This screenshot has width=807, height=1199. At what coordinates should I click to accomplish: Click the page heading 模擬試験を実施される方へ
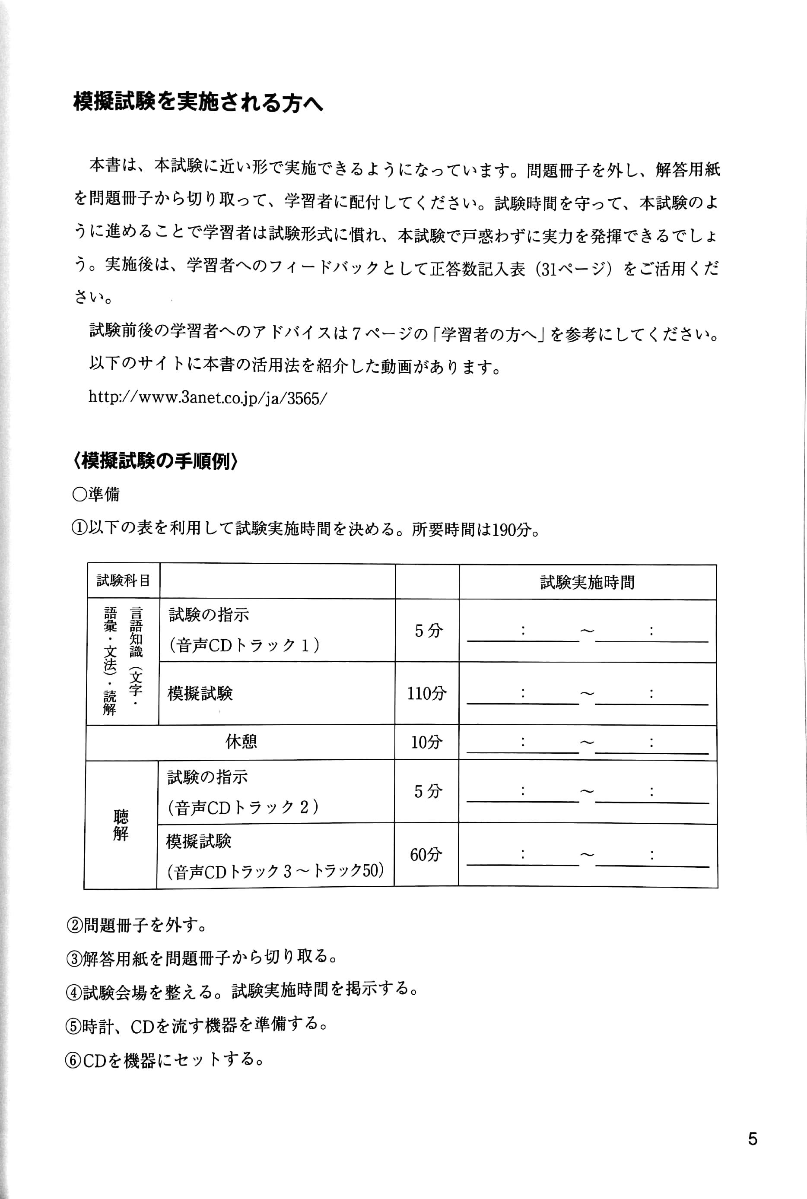click(198, 103)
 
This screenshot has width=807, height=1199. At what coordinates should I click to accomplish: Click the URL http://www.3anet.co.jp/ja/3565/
click(207, 398)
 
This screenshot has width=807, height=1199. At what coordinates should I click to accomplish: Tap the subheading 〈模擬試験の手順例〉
click(156, 461)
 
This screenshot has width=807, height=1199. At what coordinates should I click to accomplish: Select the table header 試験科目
click(124, 581)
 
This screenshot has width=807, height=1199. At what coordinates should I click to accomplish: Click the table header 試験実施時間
click(587, 582)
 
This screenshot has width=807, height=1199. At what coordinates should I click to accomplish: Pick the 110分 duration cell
click(427, 694)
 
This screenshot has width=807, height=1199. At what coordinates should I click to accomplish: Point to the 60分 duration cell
click(426, 855)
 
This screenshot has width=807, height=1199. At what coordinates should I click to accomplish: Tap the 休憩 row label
click(241, 742)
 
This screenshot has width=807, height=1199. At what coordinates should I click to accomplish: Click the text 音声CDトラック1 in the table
click(244, 645)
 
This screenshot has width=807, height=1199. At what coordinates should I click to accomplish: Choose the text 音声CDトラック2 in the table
click(243, 807)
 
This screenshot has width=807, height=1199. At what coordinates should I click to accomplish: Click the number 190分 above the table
click(512, 530)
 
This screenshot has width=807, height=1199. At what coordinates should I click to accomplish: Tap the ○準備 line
click(96, 494)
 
